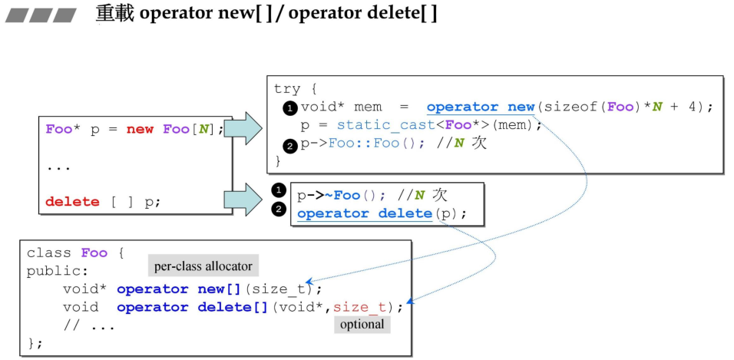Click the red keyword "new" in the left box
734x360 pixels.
tap(140, 129)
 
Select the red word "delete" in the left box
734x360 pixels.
tap(72, 202)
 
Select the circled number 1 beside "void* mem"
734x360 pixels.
tap(290, 108)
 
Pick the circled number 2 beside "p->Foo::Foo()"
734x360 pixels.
tap(290, 144)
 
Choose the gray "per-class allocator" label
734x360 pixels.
tap(203, 266)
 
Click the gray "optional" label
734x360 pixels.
tap(362, 324)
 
